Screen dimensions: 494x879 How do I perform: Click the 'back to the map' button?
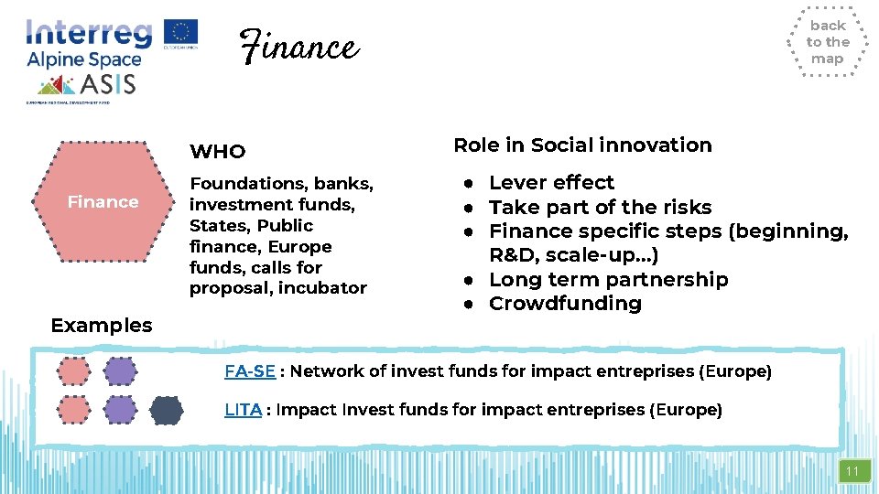click(827, 42)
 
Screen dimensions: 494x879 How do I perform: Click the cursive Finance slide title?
click(298, 46)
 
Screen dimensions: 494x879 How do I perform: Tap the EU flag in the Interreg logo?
click(180, 32)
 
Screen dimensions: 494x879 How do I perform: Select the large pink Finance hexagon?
click(103, 201)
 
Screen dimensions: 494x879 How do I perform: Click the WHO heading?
click(217, 151)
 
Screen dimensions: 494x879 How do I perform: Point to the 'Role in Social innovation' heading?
click(582, 145)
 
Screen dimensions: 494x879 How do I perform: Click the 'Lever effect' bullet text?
click(551, 182)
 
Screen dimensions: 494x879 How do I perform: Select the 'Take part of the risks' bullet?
click(600, 207)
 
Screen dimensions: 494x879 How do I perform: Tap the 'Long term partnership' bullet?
click(608, 279)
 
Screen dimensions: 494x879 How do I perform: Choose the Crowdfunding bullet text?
click(565, 303)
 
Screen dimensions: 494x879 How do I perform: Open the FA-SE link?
click(250, 371)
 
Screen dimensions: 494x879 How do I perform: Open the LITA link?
click(243, 410)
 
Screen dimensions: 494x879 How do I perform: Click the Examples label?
click(102, 325)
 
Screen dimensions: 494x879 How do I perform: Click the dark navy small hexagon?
click(166, 410)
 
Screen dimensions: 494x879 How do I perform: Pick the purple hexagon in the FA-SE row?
click(119, 371)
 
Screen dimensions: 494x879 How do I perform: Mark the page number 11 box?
click(852, 471)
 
